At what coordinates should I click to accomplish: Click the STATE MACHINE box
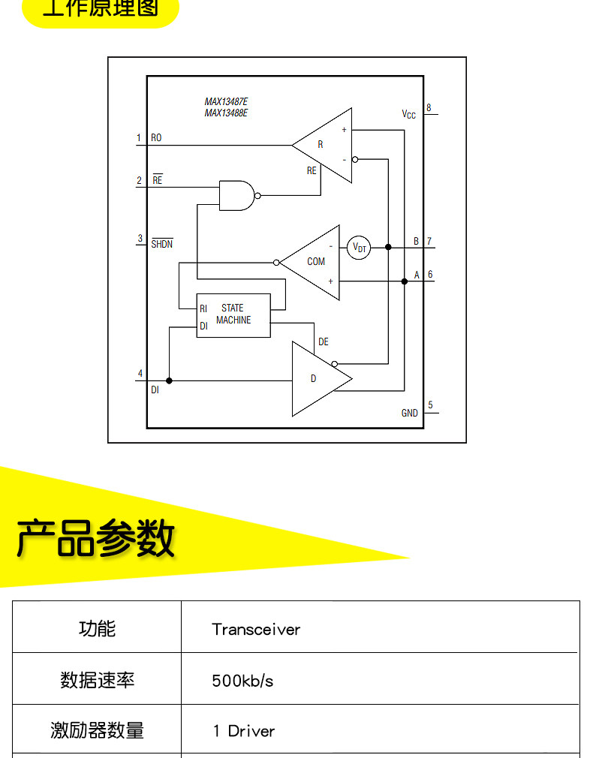click(233, 314)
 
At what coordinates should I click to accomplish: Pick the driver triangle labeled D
click(315, 379)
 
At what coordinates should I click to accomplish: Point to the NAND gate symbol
click(237, 195)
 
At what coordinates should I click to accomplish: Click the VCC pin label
click(408, 115)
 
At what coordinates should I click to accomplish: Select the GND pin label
click(409, 414)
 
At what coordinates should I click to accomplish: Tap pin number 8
click(429, 107)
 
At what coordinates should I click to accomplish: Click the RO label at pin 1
click(156, 138)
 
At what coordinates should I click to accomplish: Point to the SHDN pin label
click(161, 244)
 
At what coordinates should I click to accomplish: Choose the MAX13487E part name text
click(226, 102)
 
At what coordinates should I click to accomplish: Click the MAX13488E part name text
click(226, 113)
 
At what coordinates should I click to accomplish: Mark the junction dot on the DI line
click(169, 381)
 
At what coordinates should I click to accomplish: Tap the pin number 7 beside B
click(429, 242)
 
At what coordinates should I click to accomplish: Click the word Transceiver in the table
click(256, 630)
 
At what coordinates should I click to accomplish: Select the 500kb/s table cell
click(242, 681)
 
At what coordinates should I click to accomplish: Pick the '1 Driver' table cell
click(244, 731)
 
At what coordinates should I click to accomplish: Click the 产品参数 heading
click(95, 538)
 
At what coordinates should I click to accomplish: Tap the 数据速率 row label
click(98, 681)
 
